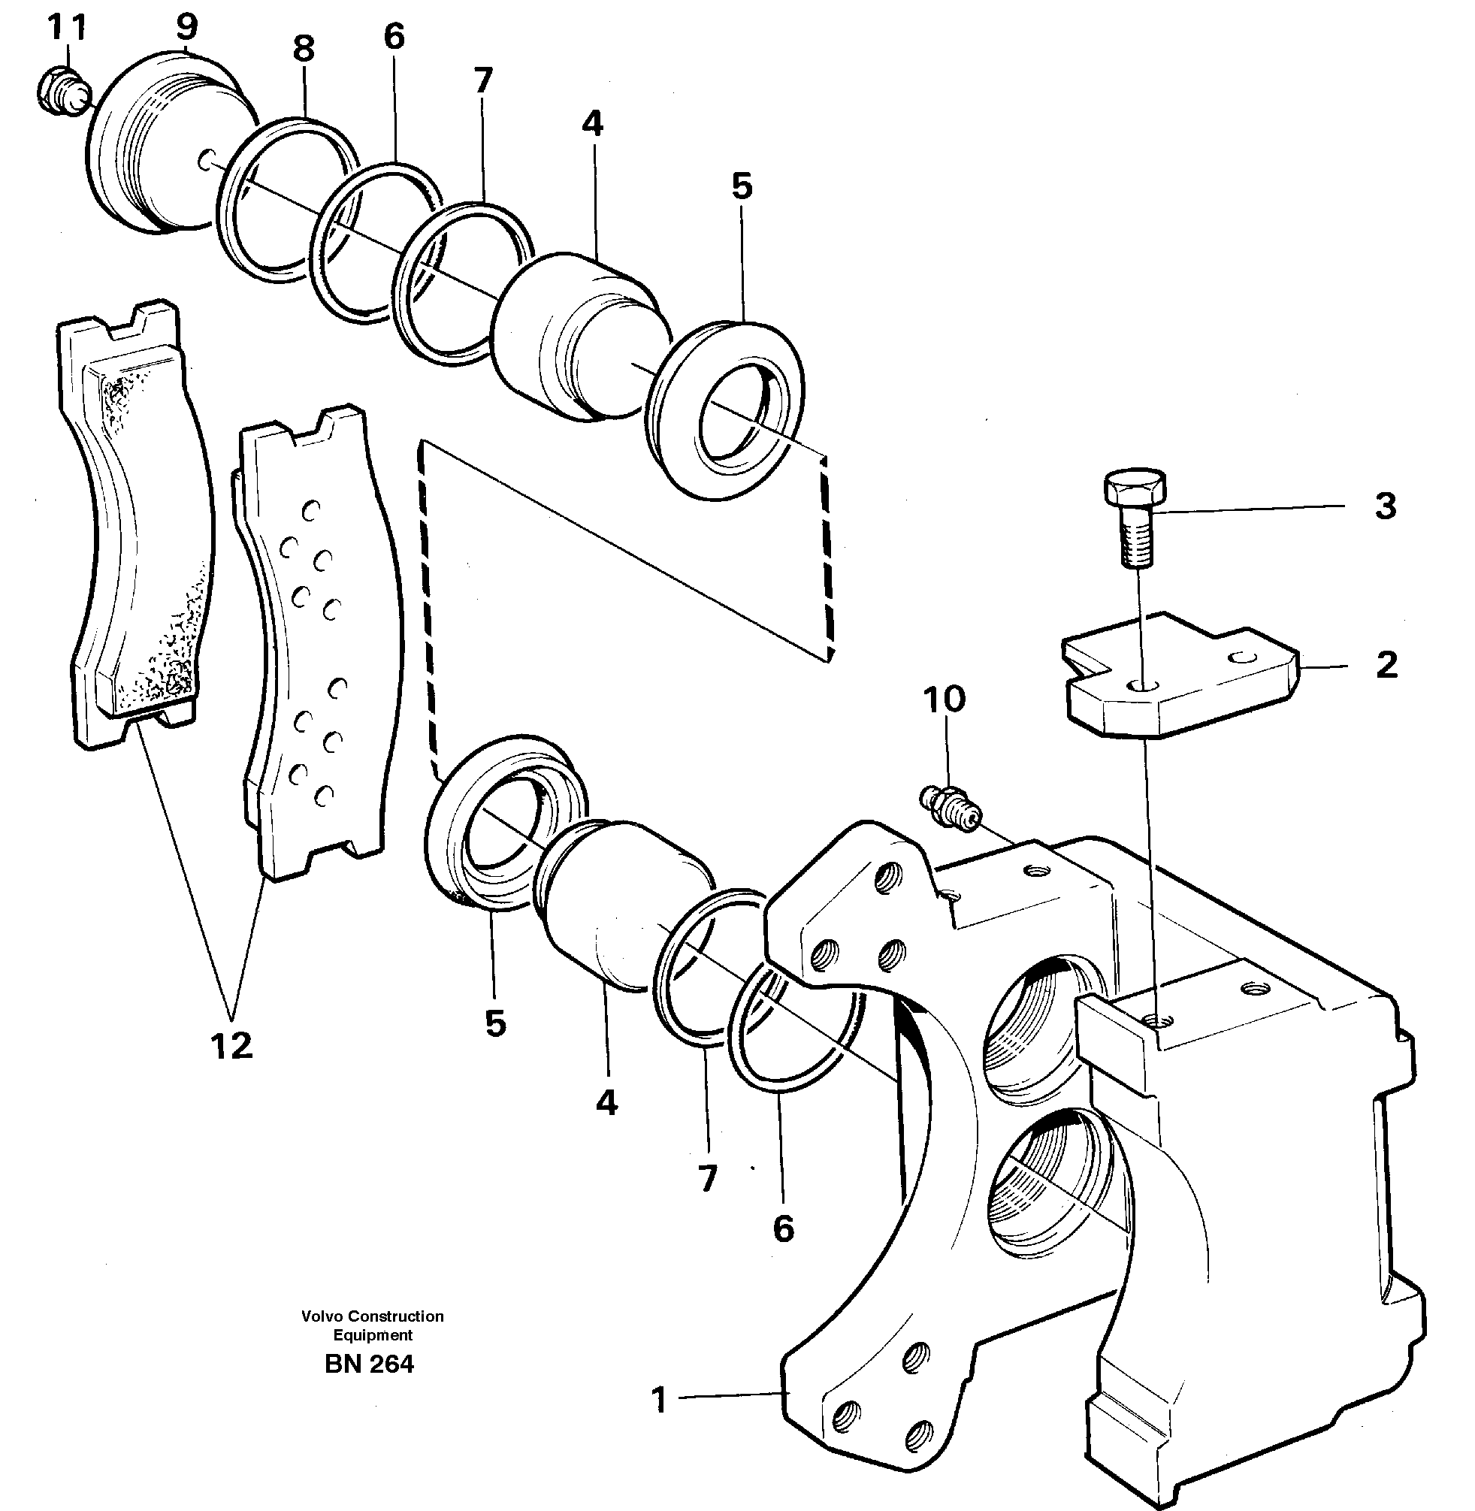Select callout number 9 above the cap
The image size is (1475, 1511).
(x=186, y=26)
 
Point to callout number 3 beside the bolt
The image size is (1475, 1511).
(x=1385, y=506)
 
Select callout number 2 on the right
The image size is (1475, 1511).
(x=1386, y=664)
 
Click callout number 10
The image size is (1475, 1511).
(x=944, y=700)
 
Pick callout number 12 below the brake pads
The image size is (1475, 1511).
(x=231, y=1046)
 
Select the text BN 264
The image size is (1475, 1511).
(x=370, y=1364)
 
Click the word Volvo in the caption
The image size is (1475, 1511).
(x=322, y=1316)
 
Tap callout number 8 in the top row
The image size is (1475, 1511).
(x=304, y=50)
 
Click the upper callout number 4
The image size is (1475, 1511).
(x=593, y=124)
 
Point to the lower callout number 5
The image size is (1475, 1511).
(x=495, y=1023)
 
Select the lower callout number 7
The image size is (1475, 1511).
(x=707, y=1179)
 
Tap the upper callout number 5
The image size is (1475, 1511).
(x=742, y=186)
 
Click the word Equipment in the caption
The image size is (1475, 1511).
(x=373, y=1335)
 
